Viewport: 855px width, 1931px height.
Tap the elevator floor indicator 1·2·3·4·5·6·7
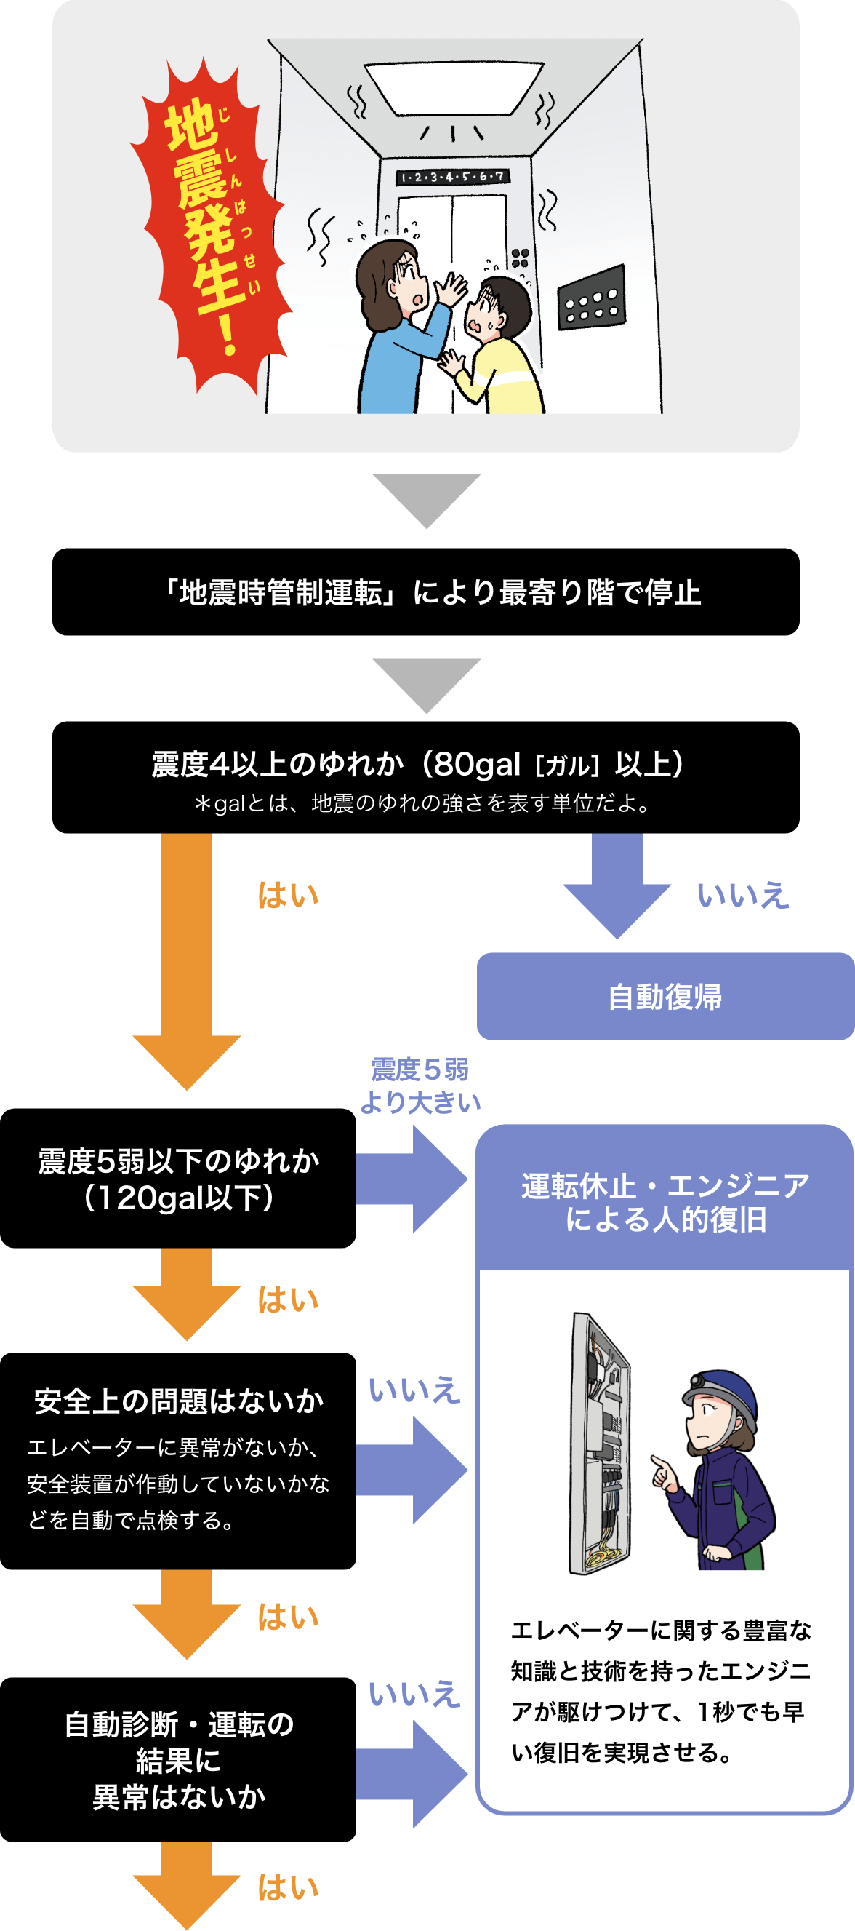[451, 177]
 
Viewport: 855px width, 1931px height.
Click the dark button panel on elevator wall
[591, 298]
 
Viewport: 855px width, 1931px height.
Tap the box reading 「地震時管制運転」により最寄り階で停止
[425, 592]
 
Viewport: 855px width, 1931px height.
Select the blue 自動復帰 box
[665, 996]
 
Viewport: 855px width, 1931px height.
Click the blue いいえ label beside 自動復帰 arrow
[742, 896]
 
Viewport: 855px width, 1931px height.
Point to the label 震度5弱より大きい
[420, 1086]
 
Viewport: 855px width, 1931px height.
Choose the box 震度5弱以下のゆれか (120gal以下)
[177, 1179]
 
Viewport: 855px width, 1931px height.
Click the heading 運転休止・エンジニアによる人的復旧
[665, 1203]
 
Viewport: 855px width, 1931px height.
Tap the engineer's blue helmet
[721, 1394]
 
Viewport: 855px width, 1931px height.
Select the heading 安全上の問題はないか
[178, 1401]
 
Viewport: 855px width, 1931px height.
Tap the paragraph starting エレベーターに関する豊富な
[660, 1691]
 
